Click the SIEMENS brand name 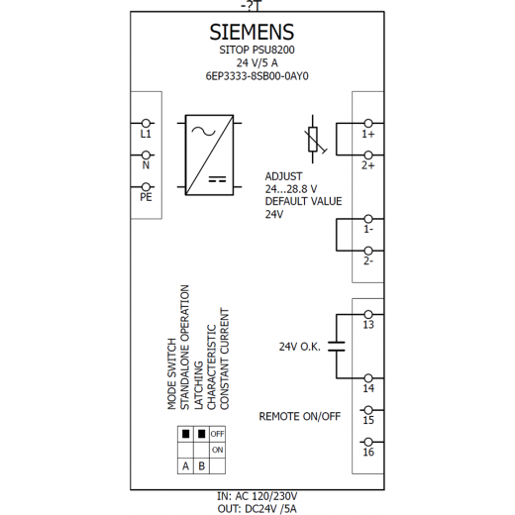click(252, 32)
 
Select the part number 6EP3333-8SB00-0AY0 click(257, 76)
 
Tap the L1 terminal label click(146, 134)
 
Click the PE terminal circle click(146, 187)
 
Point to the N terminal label click(146, 165)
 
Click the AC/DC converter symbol click(209, 154)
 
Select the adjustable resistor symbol click(314, 139)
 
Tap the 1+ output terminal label click(368, 134)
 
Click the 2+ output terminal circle click(368, 154)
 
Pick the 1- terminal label click(368, 229)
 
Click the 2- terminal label click(368, 260)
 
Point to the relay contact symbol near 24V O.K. click(337, 347)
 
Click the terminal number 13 click(368, 325)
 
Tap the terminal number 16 click(368, 452)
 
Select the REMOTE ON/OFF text click(300, 416)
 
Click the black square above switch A click(186, 434)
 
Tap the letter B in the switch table click(201, 465)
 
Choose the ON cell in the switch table click(218, 450)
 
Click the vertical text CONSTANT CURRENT click(225, 359)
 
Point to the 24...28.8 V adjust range click(291, 189)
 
